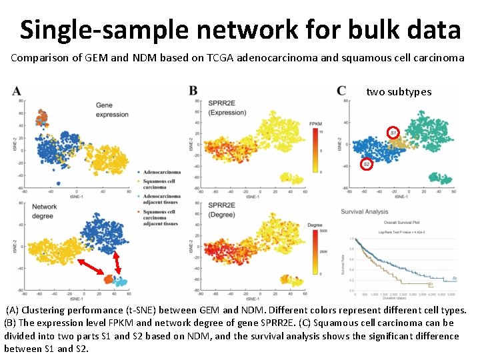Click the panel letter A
(x=17, y=91)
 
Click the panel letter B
(x=193, y=91)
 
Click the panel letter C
(x=341, y=91)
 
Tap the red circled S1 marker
(x=393, y=133)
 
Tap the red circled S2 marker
(x=366, y=164)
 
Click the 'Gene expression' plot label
(x=112, y=110)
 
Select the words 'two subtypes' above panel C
(x=399, y=92)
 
